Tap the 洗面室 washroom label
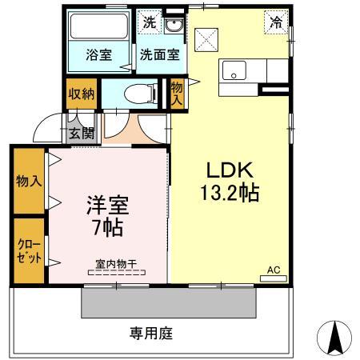tap(159, 55)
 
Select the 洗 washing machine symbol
tap(150, 23)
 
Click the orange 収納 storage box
tap(82, 94)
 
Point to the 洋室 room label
tap(107, 205)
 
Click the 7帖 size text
tap(106, 227)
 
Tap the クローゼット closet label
tap(27, 250)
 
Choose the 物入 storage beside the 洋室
tap(29, 181)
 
